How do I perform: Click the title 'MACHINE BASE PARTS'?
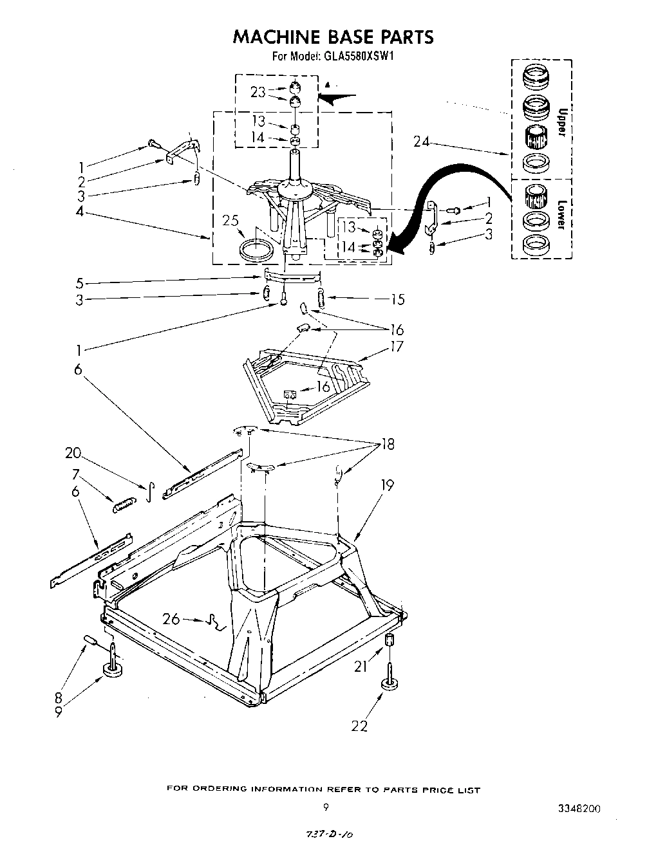coord(333,37)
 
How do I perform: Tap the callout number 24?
coord(422,142)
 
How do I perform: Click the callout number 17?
coord(397,347)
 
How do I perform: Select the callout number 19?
coord(386,485)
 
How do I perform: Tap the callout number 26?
coord(171,619)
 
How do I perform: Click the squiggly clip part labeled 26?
coord(213,622)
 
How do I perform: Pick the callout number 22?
coord(359,726)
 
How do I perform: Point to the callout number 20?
coord(73,453)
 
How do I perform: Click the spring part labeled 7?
coord(124,505)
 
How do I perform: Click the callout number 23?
coord(258,92)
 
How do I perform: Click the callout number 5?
coord(79,283)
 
